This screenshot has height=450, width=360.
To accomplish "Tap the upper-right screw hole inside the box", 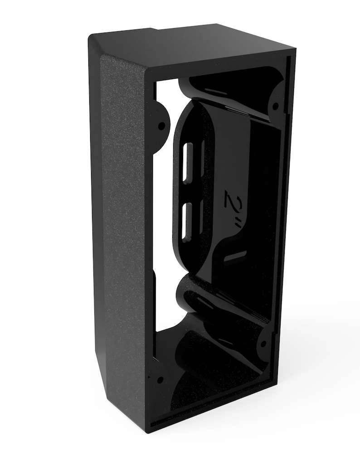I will pyautogui.click(x=275, y=107).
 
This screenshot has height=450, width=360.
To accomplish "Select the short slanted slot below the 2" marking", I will pyautogui.click(x=235, y=256).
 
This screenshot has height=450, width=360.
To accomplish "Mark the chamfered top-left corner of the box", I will pyautogui.click(x=96, y=45).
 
